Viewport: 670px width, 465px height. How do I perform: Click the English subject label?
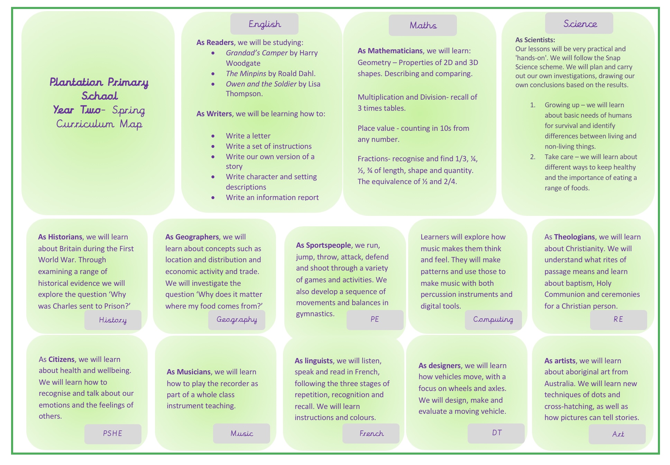tap(264, 24)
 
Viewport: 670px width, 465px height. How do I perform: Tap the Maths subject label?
tap(423, 25)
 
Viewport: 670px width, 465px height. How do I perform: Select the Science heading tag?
tap(579, 24)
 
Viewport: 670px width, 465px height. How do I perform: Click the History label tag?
tap(113, 320)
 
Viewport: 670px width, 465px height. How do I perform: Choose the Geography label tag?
tap(237, 320)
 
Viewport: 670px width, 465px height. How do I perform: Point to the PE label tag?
tap(375, 320)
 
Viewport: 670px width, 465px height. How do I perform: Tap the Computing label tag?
tap(493, 320)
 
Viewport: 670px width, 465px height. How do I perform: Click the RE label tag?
tap(618, 320)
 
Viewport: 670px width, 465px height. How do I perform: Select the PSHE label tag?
tap(113, 434)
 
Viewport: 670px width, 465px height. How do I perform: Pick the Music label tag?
tap(241, 434)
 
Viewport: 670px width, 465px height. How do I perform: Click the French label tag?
tap(371, 434)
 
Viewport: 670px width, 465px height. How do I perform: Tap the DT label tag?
tap(496, 433)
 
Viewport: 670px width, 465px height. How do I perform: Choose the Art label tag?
tap(617, 434)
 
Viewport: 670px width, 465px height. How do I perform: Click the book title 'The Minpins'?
tap(246, 74)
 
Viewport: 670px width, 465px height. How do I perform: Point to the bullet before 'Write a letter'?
tap(213, 136)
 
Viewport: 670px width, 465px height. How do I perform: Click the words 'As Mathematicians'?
tap(390, 51)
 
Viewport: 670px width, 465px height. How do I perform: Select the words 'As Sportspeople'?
tap(323, 245)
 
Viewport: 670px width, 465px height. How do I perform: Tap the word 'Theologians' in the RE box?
tap(574, 237)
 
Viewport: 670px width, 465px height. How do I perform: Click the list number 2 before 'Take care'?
tap(533, 157)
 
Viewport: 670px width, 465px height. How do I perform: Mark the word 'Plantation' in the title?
tap(76, 82)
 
